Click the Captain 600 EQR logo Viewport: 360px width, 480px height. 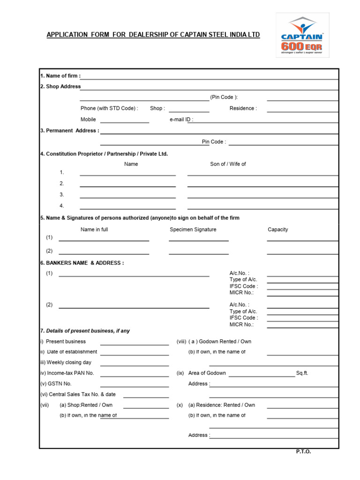[302, 35]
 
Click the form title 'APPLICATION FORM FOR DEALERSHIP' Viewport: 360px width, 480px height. [153, 35]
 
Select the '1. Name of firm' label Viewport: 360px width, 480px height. [60, 75]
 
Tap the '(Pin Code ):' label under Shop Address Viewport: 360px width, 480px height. [224, 97]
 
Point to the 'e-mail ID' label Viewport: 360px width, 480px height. [181, 120]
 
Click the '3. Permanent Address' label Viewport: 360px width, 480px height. [70, 131]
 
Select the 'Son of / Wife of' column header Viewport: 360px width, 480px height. [228, 164]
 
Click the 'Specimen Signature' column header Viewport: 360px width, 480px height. [193, 230]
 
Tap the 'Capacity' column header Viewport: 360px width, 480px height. [277, 230]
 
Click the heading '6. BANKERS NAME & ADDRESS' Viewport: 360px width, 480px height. [82, 263]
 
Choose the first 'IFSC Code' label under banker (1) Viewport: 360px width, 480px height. [243, 286]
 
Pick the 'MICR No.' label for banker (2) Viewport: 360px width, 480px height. [241, 324]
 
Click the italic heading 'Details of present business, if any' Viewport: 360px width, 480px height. [88, 331]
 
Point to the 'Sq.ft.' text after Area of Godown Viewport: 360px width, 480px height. [302, 373]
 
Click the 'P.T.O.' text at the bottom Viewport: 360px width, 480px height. [303, 451]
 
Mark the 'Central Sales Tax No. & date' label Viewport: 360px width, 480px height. [78, 395]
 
